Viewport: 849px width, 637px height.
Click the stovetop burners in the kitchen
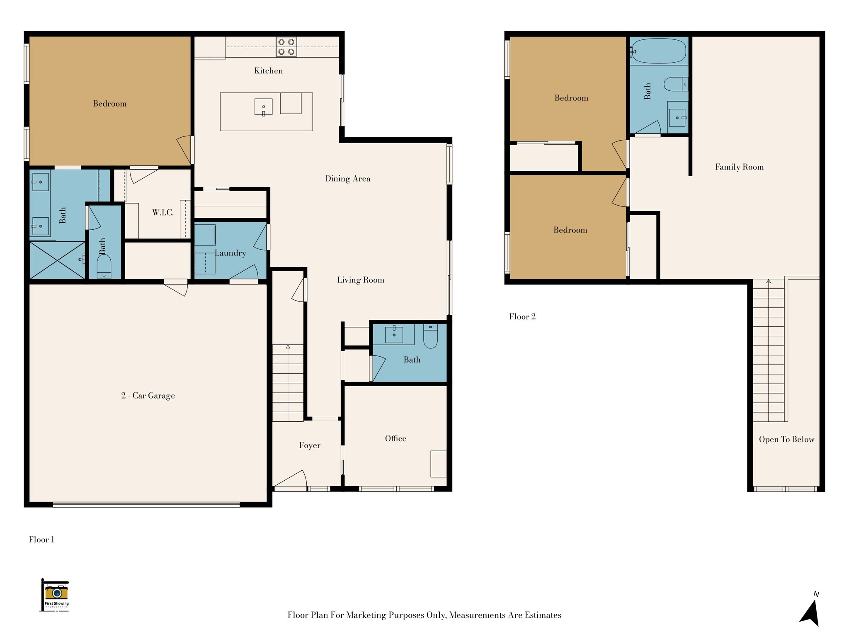click(x=286, y=47)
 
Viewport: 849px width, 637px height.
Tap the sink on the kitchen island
click(x=263, y=107)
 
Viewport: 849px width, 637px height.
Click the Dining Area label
click(x=348, y=179)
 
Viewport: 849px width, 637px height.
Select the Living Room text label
click(x=361, y=280)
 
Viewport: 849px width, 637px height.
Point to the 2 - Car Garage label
click(x=148, y=396)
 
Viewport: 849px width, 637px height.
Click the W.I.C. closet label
click(x=163, y=213)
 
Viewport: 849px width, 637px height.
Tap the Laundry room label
click(x=230, y=253)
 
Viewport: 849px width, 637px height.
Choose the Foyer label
click(x=310, y=445)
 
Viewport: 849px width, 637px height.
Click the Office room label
click(x=395, y=438)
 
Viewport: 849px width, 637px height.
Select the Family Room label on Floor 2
click(x=739, y=167)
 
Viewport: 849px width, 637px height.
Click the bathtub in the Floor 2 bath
click(x=658, y=51)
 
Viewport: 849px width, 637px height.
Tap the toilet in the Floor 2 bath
click(x=676, y=84)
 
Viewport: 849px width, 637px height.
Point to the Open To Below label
click(x=786, y=440)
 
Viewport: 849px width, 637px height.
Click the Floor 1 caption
click(x=41, y=540)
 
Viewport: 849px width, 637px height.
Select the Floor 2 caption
click(x=522, y=317)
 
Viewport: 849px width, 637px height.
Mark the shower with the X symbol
click(x=57, y=260)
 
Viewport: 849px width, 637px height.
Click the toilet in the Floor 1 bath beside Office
click(x=430, y=336)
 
